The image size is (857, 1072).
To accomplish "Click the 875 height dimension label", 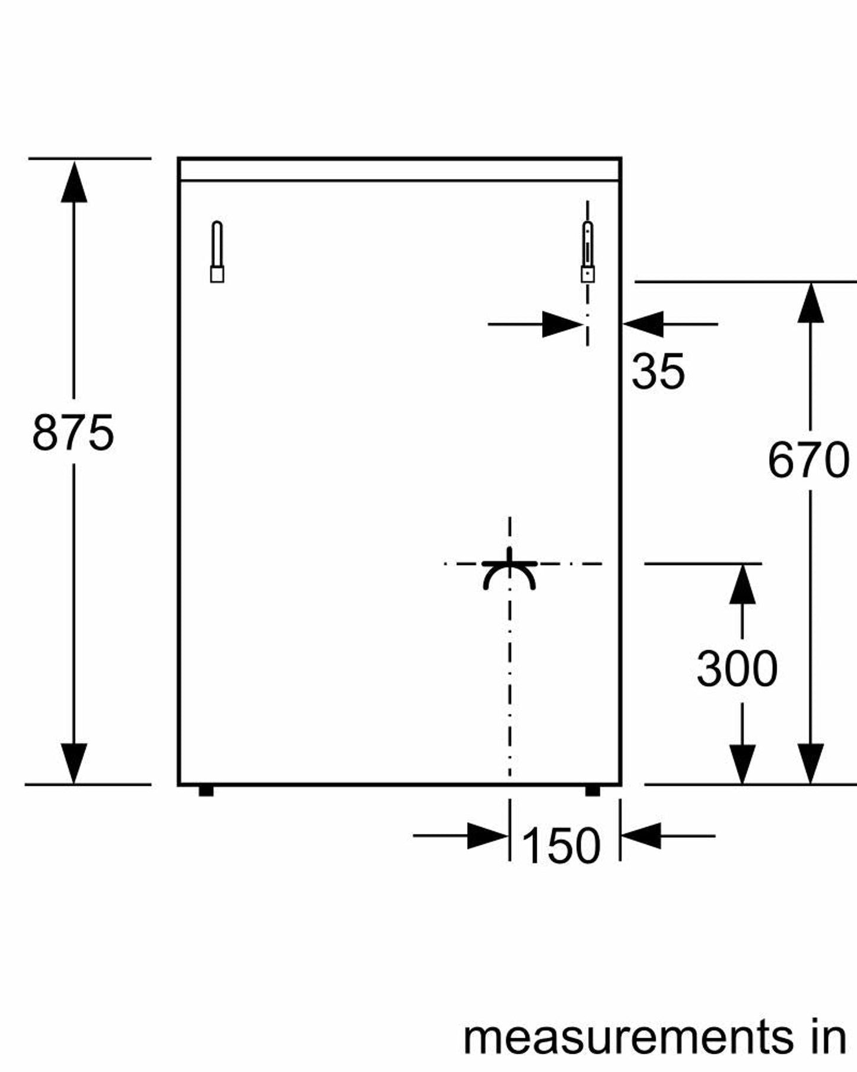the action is pos(73,433).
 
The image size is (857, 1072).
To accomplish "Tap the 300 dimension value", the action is pos(737,668).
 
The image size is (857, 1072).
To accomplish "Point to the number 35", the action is pos(658,371).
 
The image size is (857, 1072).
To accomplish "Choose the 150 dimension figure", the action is pos(561,845).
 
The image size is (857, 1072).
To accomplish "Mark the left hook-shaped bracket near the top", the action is pos(217,252).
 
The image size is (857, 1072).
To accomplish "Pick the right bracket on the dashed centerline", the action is pos(587,252).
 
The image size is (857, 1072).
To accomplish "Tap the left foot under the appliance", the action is pos(206,791).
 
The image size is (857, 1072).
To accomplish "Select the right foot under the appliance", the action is pos(592,791).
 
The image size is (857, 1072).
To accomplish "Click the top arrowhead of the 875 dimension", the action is pos(74,181).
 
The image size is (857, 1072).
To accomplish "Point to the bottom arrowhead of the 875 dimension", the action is pos(74,764).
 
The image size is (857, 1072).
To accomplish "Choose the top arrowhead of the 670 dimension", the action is pos(810,303).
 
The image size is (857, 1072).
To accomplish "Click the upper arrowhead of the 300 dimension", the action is pos(742,585).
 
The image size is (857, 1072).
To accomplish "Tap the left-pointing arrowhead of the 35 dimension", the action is pos(643,324).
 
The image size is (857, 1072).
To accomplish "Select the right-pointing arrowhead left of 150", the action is pos(488,836).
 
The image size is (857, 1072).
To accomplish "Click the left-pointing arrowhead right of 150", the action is pos(641,836).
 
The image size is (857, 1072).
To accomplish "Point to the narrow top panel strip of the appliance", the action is pos(400,170).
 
